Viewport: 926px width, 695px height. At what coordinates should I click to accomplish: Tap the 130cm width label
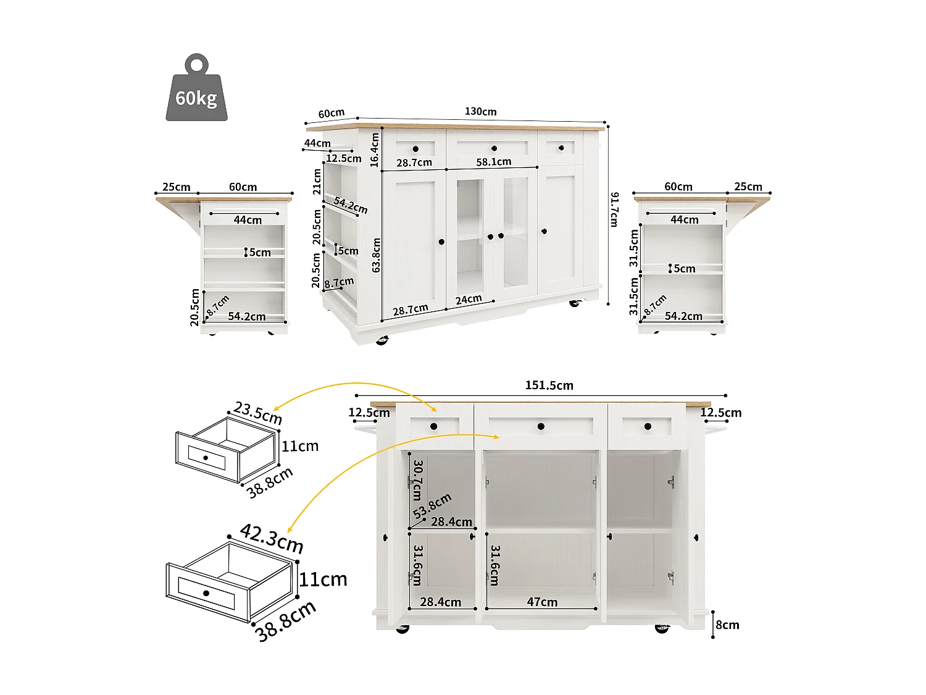click(480, 112)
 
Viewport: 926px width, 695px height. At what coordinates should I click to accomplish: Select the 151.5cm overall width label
click(549, 385)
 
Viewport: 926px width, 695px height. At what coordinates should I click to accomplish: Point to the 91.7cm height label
click(614, 209)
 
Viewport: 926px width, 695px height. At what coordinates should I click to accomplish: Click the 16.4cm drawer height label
click(374, 150)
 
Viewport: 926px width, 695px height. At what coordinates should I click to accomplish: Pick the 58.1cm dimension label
click(493, 162)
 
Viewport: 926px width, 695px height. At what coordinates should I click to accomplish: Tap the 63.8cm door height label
click(376, 255)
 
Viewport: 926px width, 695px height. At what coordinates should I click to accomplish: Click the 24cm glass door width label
click(469, 300)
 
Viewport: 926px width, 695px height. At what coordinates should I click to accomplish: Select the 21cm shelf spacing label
click(317, 182)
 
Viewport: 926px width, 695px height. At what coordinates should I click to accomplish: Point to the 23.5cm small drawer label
click(258, 413)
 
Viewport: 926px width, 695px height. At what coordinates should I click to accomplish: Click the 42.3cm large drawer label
click(272, 539)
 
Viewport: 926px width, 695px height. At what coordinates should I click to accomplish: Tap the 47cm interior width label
click(542, 602)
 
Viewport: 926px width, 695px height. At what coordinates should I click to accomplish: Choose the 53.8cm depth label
click(432, 506)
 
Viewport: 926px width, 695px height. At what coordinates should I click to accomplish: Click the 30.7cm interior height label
click(418, 480)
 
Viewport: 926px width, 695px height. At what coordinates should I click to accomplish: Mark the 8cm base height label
click(727, 625)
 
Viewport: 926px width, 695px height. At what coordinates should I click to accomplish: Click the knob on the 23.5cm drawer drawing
click(206, 458)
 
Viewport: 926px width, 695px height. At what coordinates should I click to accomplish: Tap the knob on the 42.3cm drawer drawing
click(206, 593)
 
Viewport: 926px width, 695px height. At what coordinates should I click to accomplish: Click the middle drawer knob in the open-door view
click(541, 426)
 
